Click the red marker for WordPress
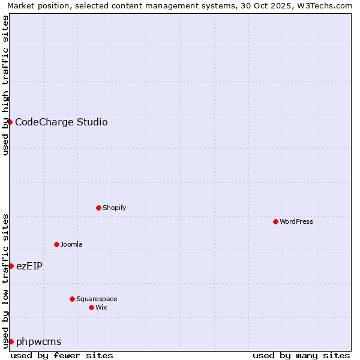275,221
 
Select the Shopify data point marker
98,208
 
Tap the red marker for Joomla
56,244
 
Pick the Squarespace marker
72,299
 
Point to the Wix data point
91,307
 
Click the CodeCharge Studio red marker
10,122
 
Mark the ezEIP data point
11,266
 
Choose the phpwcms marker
11,341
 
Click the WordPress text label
296,221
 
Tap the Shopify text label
114,208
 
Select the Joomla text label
71,244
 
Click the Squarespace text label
97,299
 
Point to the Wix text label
101,307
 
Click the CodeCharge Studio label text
61,122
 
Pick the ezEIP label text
29,266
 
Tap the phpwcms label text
39,342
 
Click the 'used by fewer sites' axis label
62,355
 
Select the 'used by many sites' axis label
301,355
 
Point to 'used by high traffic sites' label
5,85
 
